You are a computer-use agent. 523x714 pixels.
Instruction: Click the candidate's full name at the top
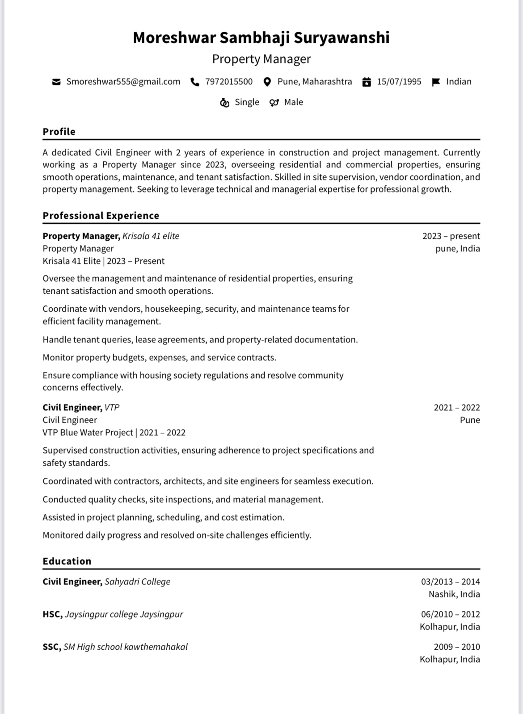[x=261, y=38]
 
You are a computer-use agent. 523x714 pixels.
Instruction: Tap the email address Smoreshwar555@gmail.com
[x=123, y=82]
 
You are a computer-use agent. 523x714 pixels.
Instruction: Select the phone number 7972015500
[x=229, y=82]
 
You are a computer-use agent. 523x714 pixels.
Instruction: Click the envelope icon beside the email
[x=56, y=82]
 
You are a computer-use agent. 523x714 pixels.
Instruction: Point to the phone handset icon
[x=195, y=82]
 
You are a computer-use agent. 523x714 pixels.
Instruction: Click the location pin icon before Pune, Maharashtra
[x=267, y=82]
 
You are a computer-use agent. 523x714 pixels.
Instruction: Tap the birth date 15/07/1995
[x=399, y=82]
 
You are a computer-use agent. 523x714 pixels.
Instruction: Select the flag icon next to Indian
[x=436, y=82]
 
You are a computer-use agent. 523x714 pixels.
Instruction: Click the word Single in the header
[x=247, y=102]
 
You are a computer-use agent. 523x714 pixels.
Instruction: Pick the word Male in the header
[x=294, y=102]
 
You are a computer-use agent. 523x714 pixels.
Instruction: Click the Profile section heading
[x=59, y=132]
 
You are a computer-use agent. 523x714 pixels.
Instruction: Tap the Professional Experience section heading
[x=101, y=216]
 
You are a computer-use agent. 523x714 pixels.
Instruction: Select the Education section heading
[x=67, y=561]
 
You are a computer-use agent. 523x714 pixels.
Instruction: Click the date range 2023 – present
[x=451, y=236]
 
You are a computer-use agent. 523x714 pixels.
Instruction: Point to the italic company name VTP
[x=112, y=408]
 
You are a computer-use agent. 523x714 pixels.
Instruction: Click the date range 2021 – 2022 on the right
[x=457, y=408]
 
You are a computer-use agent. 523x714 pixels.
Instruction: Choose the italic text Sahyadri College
[x=138, y=582]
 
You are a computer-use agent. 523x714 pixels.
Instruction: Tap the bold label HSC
[x=52, y=614]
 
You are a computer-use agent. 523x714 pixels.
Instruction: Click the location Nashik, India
[x=454, y=594]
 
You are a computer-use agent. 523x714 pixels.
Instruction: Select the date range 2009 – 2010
[x=457, y=647]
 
